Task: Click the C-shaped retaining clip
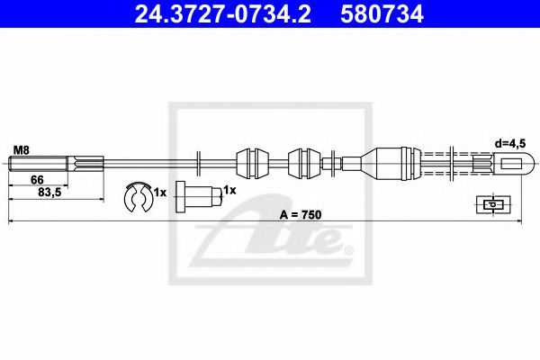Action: click(x=138, y=195)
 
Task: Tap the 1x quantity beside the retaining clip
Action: click(x=159, y=193)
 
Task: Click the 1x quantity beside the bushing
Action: click(x=229, y=191)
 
